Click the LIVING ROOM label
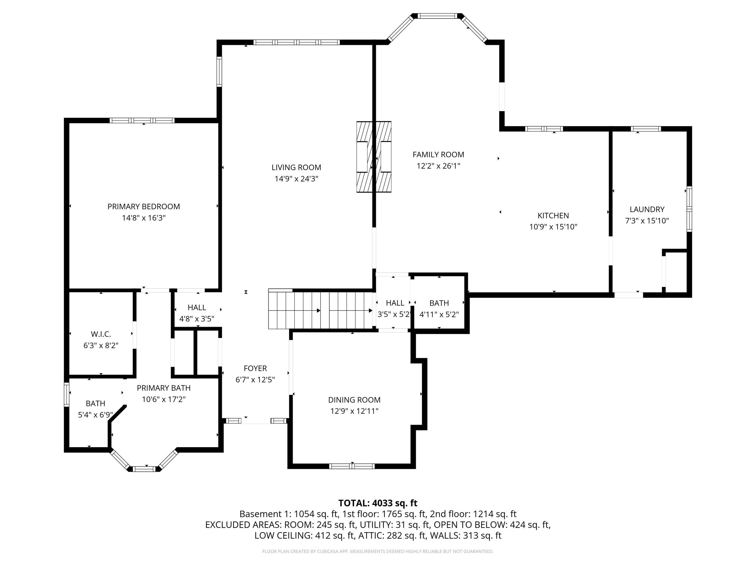[296, 168]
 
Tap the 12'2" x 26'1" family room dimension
[438, 166]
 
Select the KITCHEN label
[553, 216]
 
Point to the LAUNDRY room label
[647, 209]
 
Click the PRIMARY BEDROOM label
[143, 206]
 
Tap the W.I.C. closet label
[101, 334]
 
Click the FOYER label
[255, 368]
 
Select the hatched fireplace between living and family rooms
[374, 157]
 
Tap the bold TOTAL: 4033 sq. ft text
[378, 503]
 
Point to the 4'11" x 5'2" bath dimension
[439, 315]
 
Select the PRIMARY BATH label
[163, 388]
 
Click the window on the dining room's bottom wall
[352, 466]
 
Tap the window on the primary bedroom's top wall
[142, 120]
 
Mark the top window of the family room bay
[438, 16]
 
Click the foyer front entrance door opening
[256, 421]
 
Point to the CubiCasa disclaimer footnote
[378, 551]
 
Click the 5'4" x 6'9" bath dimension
[95, 415]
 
